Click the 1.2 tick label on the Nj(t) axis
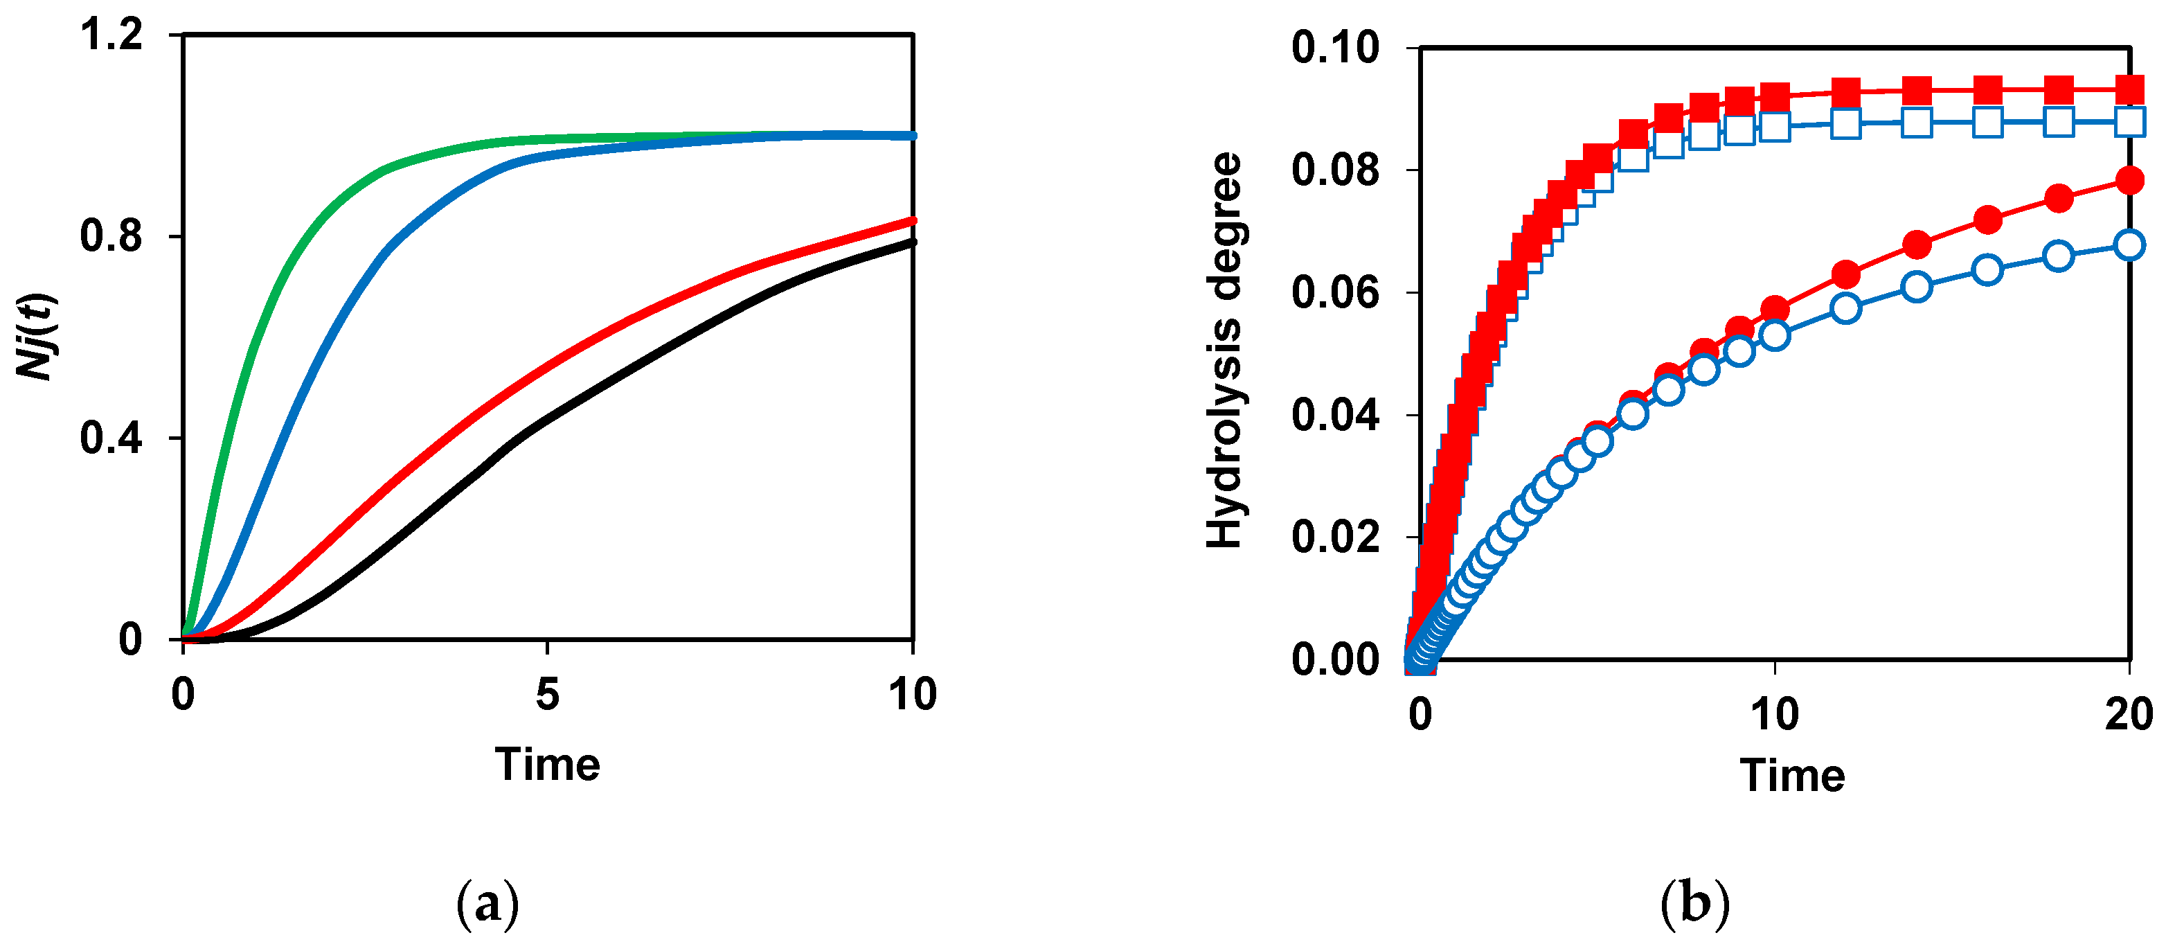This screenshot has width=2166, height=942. (x=112, y=36)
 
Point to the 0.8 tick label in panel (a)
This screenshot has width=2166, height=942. (x=112, y=237)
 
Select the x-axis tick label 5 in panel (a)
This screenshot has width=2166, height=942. (x=547, y=695)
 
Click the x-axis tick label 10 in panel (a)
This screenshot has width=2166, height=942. (x=913, y=695)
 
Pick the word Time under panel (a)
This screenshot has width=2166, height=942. (x=547, y=765)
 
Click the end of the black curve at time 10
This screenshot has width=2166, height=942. (x=911, y=242)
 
